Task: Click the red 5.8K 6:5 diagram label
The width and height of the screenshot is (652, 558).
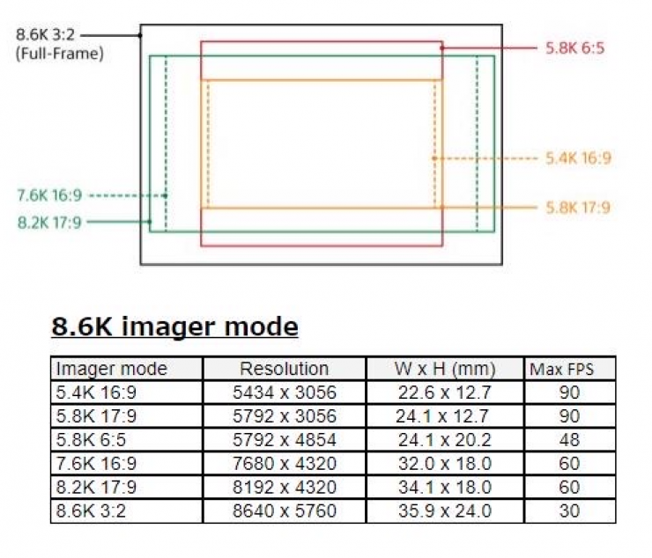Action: pos(574,48)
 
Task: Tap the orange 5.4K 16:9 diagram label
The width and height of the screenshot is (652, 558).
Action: pos(578,158)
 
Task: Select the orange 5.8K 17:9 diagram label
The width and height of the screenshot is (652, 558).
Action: pos(578,208)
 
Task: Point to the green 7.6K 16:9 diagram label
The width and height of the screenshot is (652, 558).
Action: pos(49,195)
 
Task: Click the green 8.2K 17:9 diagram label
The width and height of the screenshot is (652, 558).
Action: pos(49,223)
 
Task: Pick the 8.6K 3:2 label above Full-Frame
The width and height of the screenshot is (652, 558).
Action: pos(45,34)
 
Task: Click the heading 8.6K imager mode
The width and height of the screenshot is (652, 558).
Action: pos(174,327)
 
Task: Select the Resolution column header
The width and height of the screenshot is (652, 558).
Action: pos(284,369)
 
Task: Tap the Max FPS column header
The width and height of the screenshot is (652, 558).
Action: pos(561,370)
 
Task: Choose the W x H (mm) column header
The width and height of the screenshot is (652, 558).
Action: pos(445,369)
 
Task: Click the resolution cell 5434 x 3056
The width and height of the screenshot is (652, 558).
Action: pos(284,393)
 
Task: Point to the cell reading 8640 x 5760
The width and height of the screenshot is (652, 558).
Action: pos(284,511)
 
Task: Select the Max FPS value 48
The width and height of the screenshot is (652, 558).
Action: pos(569,440)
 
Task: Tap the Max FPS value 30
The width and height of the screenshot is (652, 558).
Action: pos(569,511)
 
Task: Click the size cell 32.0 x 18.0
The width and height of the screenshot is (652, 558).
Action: pos(445,464)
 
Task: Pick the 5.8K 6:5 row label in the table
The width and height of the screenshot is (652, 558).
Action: pos(91,440)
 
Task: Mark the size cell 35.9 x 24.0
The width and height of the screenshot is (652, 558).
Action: pos(445,511)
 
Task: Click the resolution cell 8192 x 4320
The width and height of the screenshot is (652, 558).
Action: pos(284,488)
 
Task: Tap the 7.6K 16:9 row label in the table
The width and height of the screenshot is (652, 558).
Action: pos(96,464)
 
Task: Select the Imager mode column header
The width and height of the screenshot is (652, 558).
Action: pos(111,369)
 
